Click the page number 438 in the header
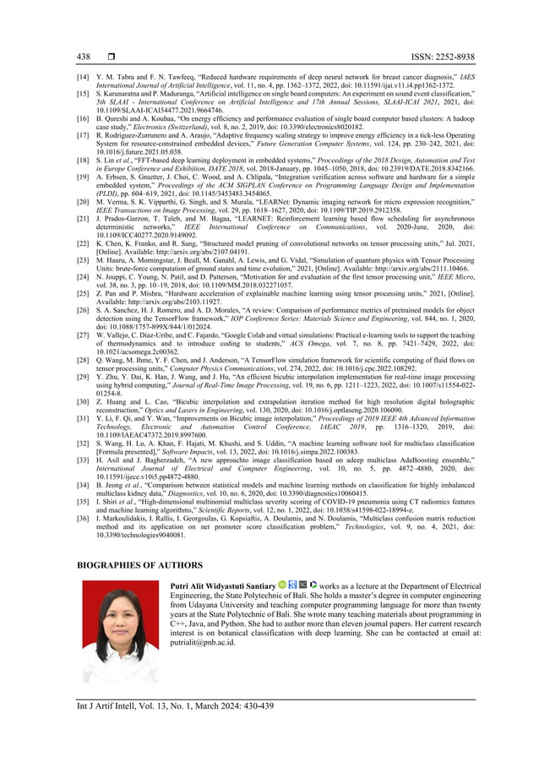[x=84, y=57]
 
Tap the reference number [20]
[x=84, y=204]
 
